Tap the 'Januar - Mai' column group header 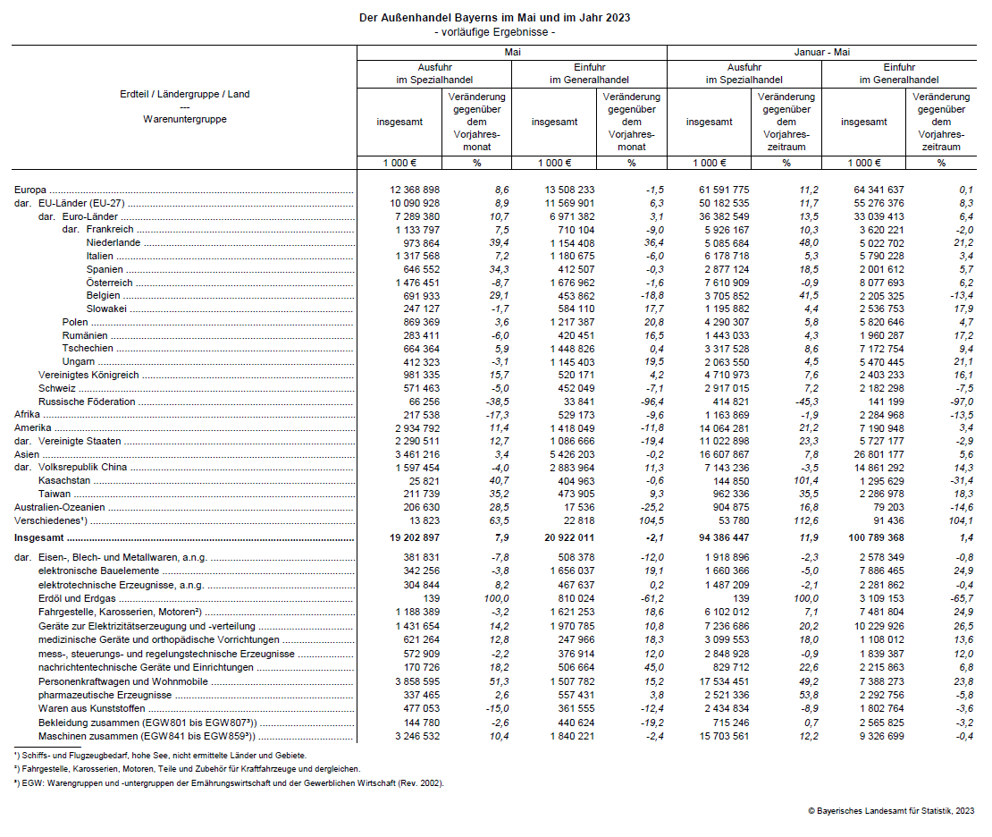(x=821, y=53)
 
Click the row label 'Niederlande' (x=113, y=243)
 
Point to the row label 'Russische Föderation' (x=87, y=402)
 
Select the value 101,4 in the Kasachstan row (x=803, y=481)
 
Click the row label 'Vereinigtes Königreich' (x=88, y=376)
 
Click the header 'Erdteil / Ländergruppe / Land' (x=185, y=94)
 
